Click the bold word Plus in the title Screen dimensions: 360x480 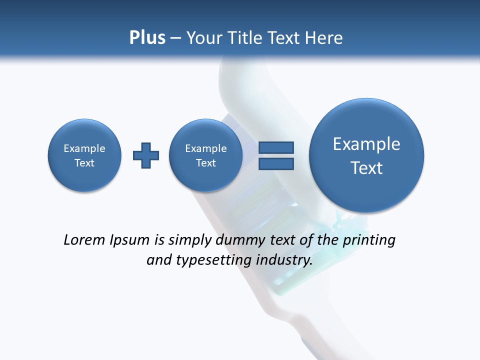pyautogui.click(x=147, y=38)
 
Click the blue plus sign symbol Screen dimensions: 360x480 pyautogui.click(x=146, y=155)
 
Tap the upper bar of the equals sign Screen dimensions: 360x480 pyautogui.click(x=275, y=147)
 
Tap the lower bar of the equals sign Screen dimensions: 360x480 pyautogui.click(x=275, y=163)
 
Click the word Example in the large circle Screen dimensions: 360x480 pyautogui.click(x=366, y=144)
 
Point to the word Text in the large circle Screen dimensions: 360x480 pyautogui.click(x=366, y=168)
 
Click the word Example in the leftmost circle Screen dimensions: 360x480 pyautogui.click(x=84, y=148)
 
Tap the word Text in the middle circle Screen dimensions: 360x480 pyautogui.click(x=205, y=163)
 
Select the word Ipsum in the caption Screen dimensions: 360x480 pyautogui.click(x=130, y=240)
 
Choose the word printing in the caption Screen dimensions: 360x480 pyautogui.click(x=369, y=240)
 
